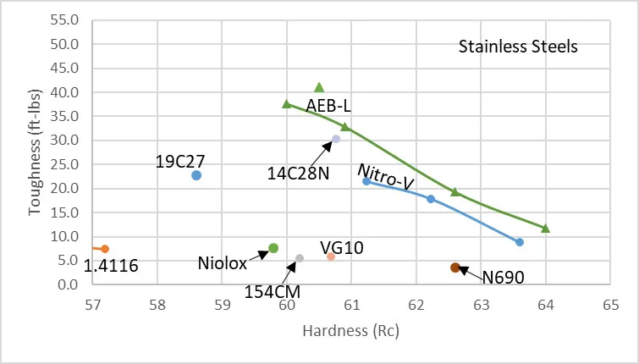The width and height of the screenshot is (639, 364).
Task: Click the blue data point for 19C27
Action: tap(196, 175)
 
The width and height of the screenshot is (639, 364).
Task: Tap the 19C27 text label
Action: tap(181, 158)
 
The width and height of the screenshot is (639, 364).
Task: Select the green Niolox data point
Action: tap(273, 248)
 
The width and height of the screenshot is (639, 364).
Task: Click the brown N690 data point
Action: tap(455, 267)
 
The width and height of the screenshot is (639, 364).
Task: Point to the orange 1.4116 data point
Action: tap(105, 249)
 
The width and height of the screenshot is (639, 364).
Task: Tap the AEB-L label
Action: tap(328, 105)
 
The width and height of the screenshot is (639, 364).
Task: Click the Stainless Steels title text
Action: tap(518, 47)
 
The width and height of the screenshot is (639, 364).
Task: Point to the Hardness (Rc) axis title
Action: tap(350, 331)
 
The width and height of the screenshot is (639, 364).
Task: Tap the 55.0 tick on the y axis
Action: tap(65, 19)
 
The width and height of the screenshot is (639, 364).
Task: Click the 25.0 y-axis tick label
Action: tap(65, 164)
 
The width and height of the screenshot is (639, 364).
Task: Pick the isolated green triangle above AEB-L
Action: tap(319, 87)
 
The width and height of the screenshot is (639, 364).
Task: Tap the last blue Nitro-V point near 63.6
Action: tap(520, 242)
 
